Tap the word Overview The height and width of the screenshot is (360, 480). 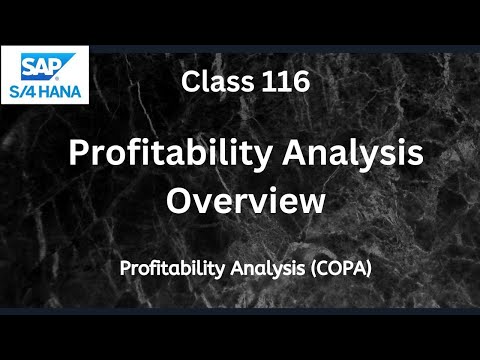tap(245, 199)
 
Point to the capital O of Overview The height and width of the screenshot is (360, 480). tap(179, 199)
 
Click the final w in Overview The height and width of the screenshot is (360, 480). tap(313, 201)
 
